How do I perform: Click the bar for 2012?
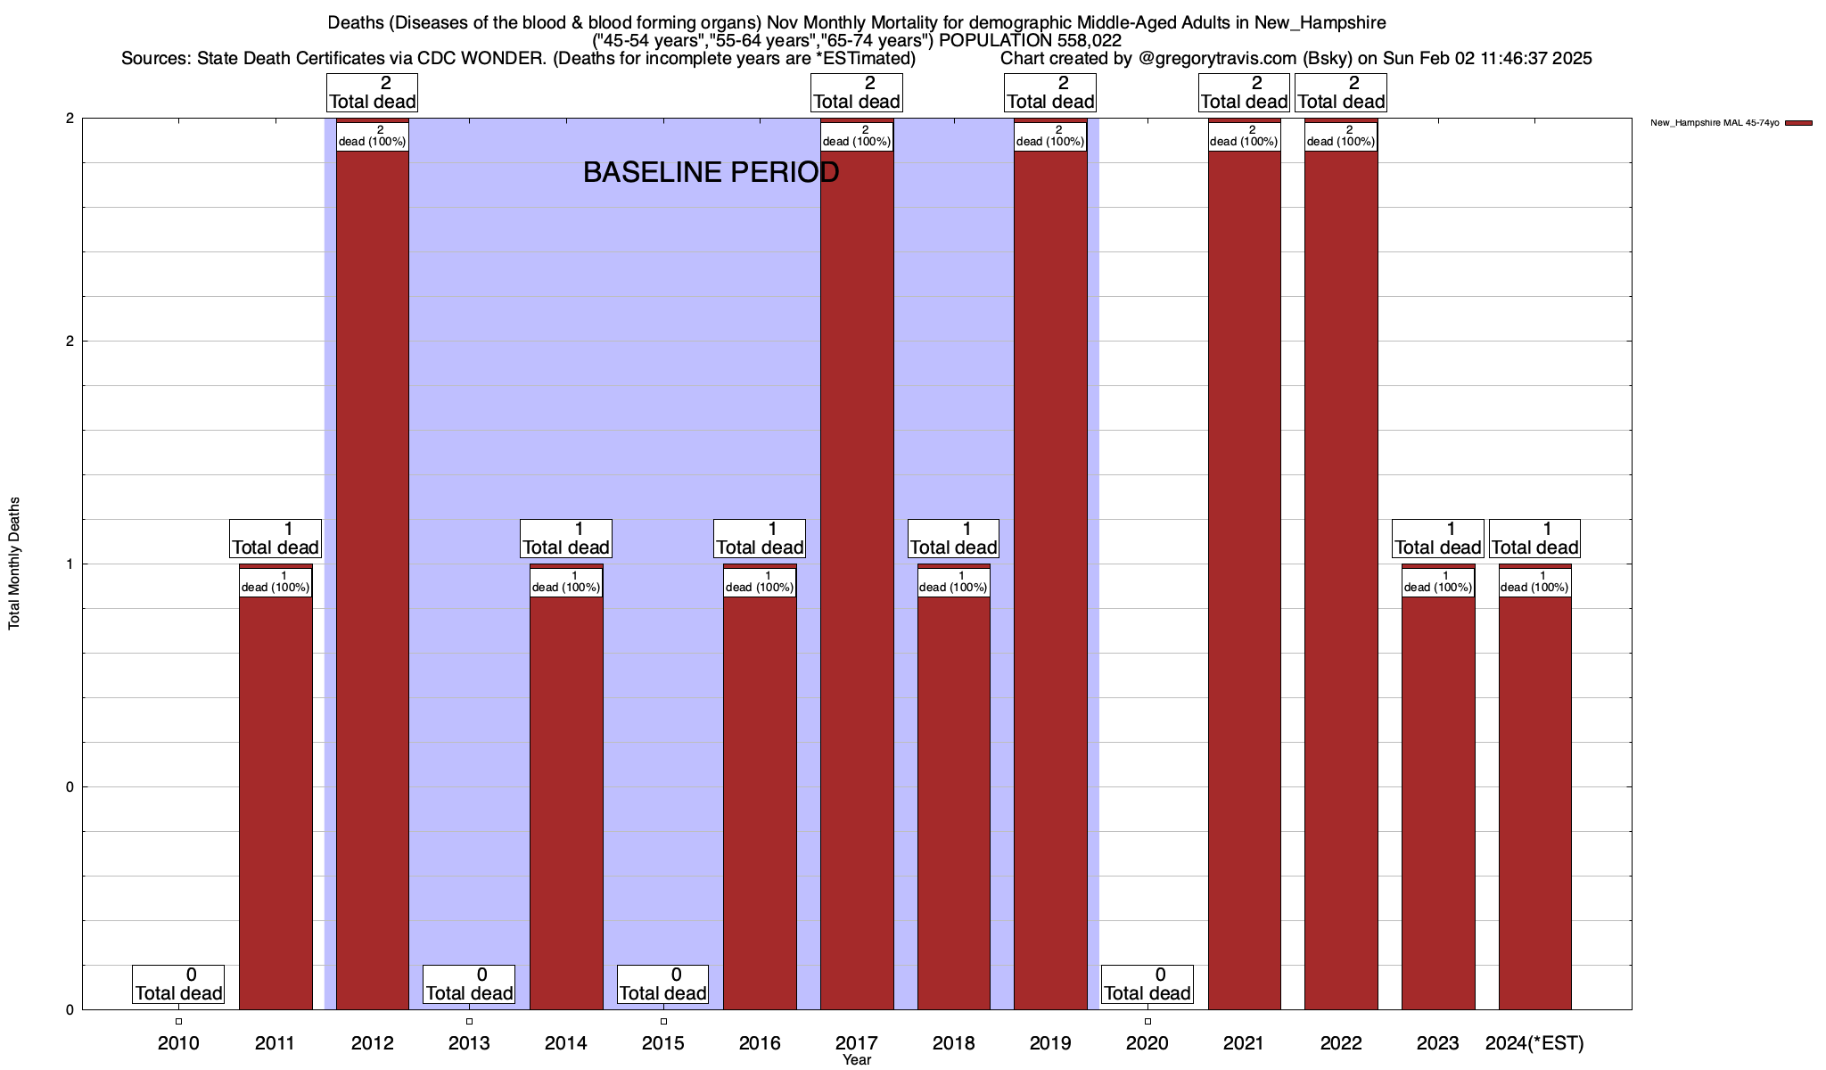pos(372,580)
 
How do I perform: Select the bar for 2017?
pos(857,580)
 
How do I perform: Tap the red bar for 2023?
pos(1438,802)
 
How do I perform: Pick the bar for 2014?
pos(566,802)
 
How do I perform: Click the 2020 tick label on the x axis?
pos(1147,1042)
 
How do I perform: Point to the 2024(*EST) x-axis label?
pos(1534,1042)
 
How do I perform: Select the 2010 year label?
pos(178,1042)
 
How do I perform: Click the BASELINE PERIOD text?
pos(711,172)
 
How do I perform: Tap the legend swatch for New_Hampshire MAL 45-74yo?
pos(1798,123)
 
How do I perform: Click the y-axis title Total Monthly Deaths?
pos(14,564)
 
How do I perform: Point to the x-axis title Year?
pos(857,1060)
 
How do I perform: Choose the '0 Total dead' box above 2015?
pos(662,984)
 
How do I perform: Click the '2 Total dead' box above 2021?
pos(1244,93)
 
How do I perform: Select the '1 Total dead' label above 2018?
pos(953,539)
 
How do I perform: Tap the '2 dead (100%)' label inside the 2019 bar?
pos(1050,136)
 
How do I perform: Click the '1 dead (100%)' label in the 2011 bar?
pos(276,582)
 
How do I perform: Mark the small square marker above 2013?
pos(469,1021)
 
